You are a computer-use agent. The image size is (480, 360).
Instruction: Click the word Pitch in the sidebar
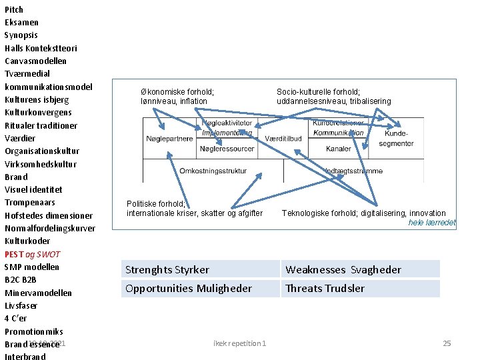pos(14,9)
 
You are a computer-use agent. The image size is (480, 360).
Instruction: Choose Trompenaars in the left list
pos(30,202)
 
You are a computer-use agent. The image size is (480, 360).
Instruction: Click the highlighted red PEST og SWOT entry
pos(33,254)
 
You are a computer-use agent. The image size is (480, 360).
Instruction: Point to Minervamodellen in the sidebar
pos(38,293)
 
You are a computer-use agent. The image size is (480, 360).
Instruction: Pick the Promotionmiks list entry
pos(34,331)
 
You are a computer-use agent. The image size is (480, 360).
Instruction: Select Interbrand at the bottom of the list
pos(25,357)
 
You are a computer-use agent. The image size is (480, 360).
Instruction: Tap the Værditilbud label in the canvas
pos(283,138)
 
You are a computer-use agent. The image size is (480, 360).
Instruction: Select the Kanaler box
pos(339,148)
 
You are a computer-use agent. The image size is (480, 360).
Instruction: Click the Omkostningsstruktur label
pos(213,171)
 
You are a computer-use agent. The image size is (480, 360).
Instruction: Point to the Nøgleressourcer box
pos(227,148)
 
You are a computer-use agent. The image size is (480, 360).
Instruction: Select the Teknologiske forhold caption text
pos(363,213)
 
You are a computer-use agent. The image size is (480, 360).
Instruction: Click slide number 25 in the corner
pos(447,343)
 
